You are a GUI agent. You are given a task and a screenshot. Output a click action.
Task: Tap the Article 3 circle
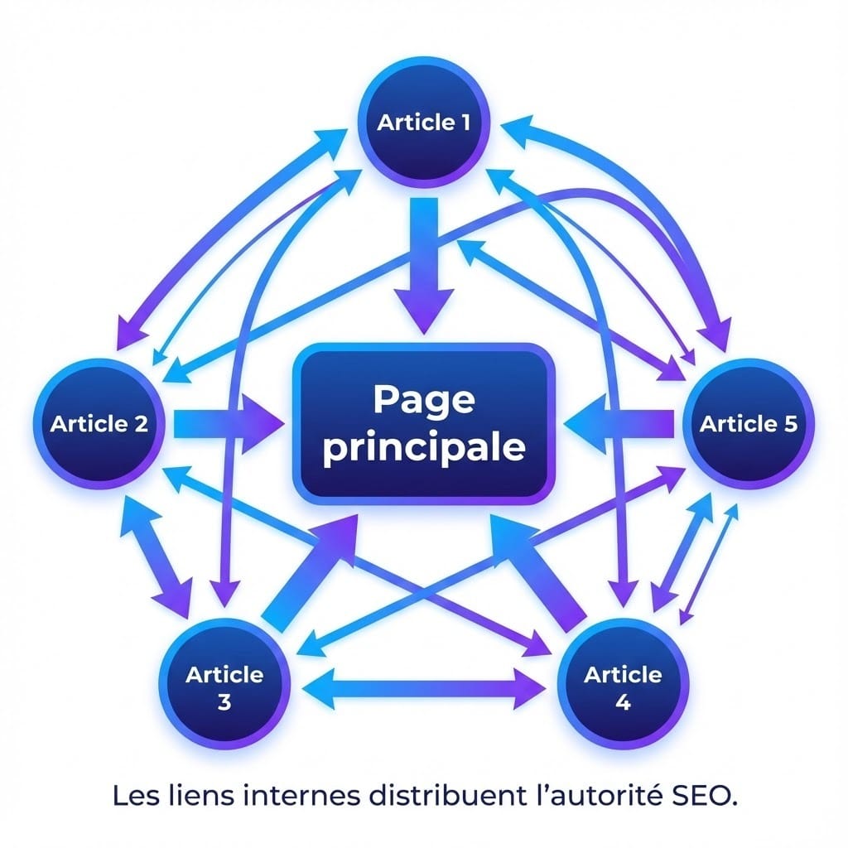coord(224,687)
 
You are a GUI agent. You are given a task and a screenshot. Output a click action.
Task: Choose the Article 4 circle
coord(623,687)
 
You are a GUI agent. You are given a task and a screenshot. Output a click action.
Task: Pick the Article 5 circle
coord(749,425)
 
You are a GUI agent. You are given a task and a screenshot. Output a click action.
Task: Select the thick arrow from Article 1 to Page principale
coord(423,265)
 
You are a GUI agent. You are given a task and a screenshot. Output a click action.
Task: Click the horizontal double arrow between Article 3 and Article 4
coord(424,686)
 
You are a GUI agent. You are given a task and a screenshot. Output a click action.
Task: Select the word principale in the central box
coord(423,448)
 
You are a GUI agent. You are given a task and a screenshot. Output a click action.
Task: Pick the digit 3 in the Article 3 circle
coord(224,703)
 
